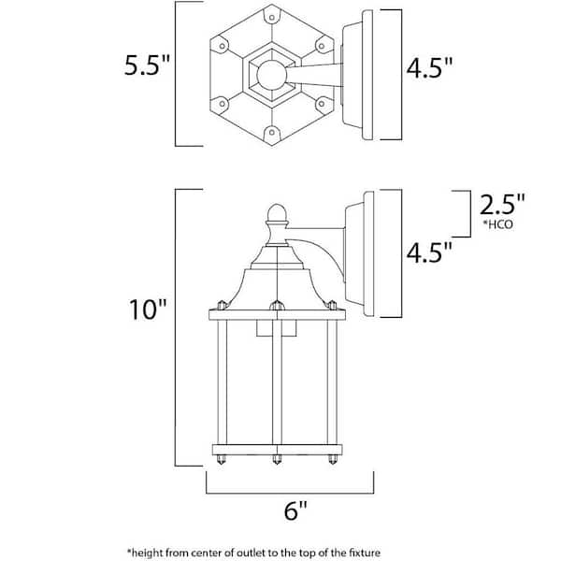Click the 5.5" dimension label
147,65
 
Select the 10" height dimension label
148,309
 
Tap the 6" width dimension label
295,511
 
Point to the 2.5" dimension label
502,205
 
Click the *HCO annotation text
498,224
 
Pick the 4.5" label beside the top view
429,67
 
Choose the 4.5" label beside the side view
429,252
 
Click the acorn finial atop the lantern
277,212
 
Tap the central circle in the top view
272,75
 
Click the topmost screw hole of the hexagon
272,17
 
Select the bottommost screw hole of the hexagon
272,133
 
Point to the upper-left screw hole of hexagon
223,46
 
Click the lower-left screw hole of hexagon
223,104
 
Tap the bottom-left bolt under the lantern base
222,459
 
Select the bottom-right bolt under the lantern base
332,459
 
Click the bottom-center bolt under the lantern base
277,459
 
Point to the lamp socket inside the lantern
277,328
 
